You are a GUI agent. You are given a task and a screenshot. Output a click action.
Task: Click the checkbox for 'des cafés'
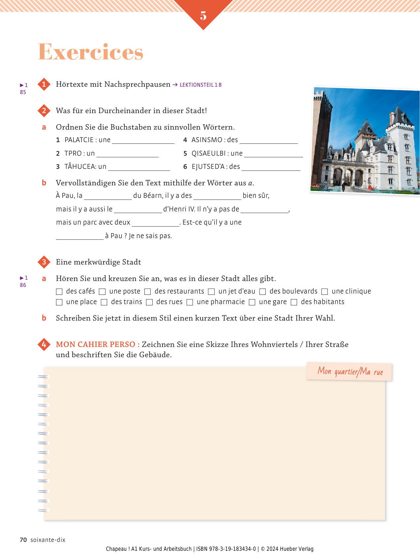59,292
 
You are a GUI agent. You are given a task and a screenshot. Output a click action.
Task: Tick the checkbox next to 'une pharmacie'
190,302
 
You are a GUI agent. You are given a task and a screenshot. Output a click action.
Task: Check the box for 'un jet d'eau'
212,292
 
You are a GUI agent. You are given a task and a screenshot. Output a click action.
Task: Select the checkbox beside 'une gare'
252,302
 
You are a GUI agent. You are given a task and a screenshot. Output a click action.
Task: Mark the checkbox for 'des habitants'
294,302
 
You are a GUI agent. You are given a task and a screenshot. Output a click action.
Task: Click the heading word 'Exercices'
91,52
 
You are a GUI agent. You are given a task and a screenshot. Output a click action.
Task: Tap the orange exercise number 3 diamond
44,262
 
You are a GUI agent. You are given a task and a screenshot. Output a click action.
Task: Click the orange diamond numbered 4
44,345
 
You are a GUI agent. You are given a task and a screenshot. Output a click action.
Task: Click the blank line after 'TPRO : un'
128,154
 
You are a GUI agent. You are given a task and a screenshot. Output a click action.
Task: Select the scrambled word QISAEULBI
209,153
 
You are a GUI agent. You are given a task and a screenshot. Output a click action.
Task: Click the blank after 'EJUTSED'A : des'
271,167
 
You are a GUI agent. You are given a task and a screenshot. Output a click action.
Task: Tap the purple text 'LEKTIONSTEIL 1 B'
200,85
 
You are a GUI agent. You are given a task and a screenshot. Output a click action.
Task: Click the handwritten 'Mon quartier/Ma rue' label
350,372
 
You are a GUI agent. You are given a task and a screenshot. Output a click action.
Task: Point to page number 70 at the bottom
23,540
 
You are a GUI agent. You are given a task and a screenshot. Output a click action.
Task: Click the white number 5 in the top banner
203,16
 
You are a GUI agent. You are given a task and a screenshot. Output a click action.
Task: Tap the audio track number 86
23,285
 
